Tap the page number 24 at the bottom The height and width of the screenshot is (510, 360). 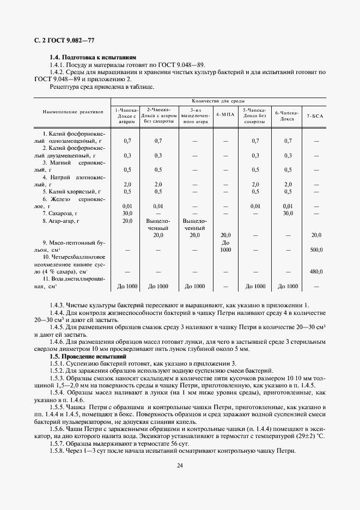click(180, 465)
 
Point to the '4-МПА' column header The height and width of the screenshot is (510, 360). click(225, 114)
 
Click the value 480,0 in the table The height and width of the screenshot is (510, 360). click(316, 271)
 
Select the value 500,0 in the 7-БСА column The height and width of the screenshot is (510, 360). click(316, 250)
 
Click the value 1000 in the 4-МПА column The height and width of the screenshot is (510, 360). click(225, 250)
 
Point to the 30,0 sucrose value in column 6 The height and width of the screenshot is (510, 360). click(288, 213)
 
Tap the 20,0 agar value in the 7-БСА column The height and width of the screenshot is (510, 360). click(316, 235)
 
